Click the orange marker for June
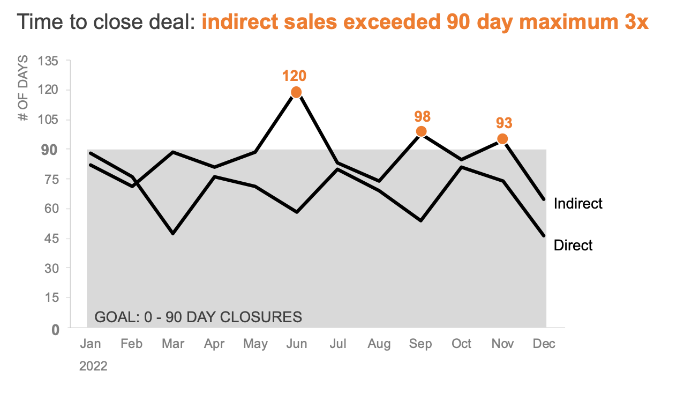tap(296, 92)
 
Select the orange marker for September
tap(421, 131)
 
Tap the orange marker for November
tap(502, 139)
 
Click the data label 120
tap(295, 76)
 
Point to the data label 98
tap(422, 116)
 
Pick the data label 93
tap(503, 123)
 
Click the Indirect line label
tap(578, 204)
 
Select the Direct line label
tap(573, 246)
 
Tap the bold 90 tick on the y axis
tap(50, 150)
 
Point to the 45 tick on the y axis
tap(50, 239)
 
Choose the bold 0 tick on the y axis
tap(55, 329)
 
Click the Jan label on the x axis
tap(90, 344)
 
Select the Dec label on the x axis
tap(544, 344)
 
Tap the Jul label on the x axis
tap(337, 344)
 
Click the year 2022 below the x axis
tap(93, 366)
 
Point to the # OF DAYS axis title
tap(23, 88)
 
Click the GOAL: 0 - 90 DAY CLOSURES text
tap(198, 317)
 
